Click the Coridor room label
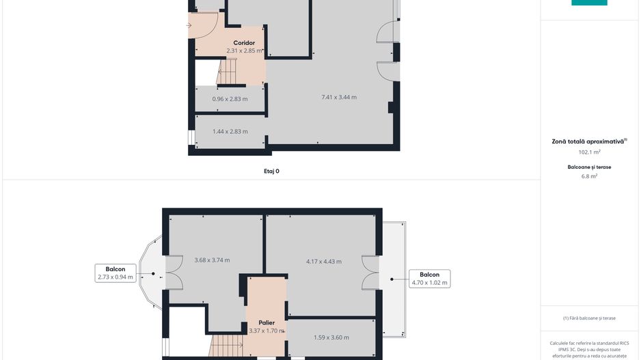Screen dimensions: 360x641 click(244, 43)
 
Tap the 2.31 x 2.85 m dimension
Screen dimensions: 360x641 click(245, 51)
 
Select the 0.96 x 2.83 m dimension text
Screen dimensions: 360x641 click(230, 99)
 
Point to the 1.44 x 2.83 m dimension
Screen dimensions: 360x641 click(230, 131)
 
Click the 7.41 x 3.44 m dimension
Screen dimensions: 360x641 click(339, 97)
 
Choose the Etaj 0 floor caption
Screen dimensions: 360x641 click(271, 171)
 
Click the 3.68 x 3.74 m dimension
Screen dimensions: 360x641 click(212, 260)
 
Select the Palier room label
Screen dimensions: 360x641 click(267, 323)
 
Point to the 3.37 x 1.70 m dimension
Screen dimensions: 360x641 click(267, 331)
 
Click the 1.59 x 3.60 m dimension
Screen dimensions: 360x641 click(331, 337)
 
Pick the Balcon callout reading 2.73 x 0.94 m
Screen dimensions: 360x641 click(115, 273)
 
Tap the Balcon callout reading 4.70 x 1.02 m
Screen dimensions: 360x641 click(430, 278)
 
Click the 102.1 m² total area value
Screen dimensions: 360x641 click(589, 152)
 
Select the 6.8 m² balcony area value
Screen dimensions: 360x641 click(589, 176)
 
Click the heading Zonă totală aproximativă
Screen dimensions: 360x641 click(589, 141)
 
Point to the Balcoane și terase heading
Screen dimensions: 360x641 click(589, 167)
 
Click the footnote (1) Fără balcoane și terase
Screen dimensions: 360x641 click(589, 318)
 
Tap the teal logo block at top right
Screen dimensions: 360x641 click(589, 3)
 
